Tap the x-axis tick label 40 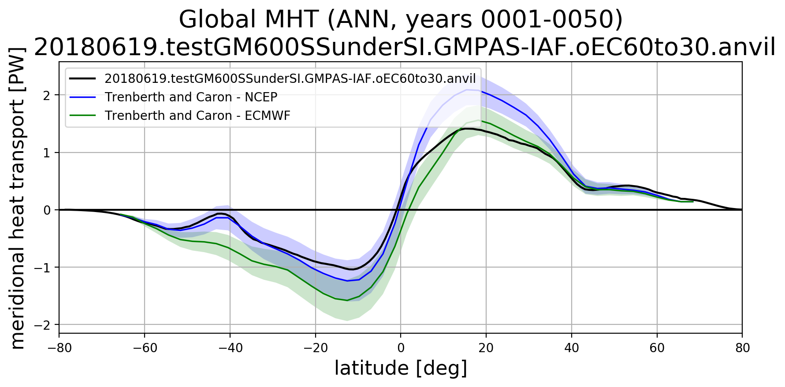[x=572, y=348]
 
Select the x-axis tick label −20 [x=315, y=348]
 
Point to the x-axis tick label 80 [x=742, y=348]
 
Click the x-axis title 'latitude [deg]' [x=400, y=368]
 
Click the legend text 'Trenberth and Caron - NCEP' [x=191, y=97]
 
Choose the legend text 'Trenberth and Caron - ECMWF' [x=197, y=115]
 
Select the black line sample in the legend [x=82, y=78]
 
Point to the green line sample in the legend [x=82, y=115]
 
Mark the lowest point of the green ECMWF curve [x=347, y=301]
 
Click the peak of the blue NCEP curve [x=467, y=89]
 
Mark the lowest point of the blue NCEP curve [x=347, y=281]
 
